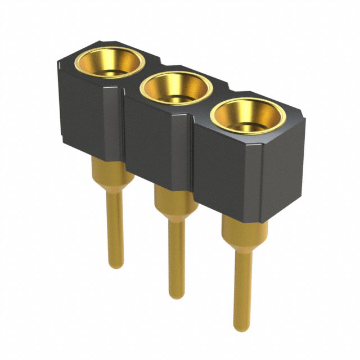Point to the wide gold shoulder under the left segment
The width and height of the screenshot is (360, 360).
pyautogui.click(x=112, y=172)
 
